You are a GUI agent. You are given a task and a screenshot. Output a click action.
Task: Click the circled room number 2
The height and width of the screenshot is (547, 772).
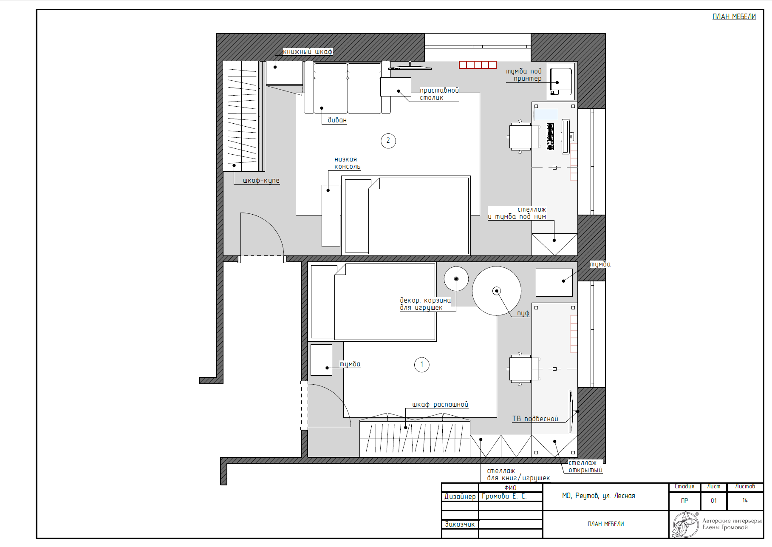pyautogui.click(x=388, y=141)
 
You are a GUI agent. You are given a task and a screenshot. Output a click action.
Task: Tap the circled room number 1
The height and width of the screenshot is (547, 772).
pyautogui.click(x=421, y=364)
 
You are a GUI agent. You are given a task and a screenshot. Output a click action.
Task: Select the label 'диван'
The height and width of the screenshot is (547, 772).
pyautogui.click(x=337, y=120)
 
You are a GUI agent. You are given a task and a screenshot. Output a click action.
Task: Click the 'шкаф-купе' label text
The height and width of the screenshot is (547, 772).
pyautogui.click(x=261, y=181)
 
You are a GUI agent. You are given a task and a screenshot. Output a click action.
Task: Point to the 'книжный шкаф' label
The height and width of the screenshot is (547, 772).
pyautogui.click(x=308, y=52)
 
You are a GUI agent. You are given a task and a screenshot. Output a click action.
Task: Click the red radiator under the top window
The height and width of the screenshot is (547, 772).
pyautogui.click(x=478, y=65)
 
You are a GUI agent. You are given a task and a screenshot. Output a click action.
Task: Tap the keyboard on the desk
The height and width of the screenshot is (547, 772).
pyautogui.click(x=551, y=136)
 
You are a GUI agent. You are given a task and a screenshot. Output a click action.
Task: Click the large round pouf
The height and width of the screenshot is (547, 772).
pyautogui.click(x=497, y=291)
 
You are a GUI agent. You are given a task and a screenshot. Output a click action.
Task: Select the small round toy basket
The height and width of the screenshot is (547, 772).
pyautogui.click(x=456, y=279)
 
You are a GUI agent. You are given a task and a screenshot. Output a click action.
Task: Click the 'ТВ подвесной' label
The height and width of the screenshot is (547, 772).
pyautogui.click(x=535, y=419)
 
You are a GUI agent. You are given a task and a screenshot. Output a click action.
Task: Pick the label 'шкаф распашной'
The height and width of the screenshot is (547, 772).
pyautogui.click(x=440, y=405)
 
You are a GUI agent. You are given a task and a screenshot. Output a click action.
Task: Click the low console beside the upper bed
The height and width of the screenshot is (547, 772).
pyautogui.click(x=331, y=215)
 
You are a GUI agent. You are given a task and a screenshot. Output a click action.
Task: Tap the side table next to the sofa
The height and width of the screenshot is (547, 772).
pyautogui.click(x=396, y=87)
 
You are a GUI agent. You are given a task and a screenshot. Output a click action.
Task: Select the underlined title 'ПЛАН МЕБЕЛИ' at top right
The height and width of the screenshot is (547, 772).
pyautogui.click(x=734, y=17)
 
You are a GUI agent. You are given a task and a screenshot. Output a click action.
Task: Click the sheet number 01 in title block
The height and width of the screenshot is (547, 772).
pyautogui.click(x=714, y=501)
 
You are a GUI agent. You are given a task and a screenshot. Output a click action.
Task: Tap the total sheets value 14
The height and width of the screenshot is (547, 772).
pyautogui.click(x=745, y=500)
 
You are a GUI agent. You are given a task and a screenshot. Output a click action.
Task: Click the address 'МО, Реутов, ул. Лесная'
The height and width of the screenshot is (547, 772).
pyautogui.click(x=598, y=496)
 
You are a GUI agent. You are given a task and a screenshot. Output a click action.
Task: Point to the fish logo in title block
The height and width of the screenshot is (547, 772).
pyautogui.click(x=685, y=524)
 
